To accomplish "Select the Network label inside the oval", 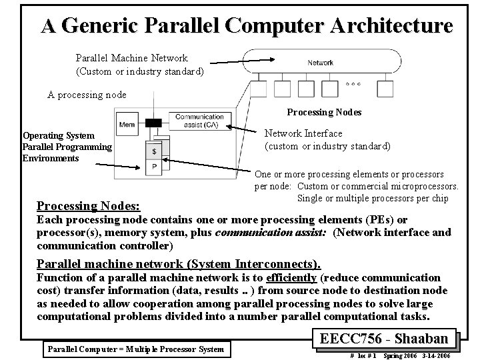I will [320, 63].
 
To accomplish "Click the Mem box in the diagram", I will [127, 124].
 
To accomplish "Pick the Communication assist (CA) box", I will [199, 121].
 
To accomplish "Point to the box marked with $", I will [154, 151].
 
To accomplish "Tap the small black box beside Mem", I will [154, 123].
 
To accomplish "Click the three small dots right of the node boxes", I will [354, 84].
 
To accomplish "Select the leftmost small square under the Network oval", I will [259, 87].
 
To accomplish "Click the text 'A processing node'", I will [87, 95].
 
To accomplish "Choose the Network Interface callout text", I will [327, 139].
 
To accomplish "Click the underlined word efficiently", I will [291, 277].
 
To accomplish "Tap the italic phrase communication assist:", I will [289, 232].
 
